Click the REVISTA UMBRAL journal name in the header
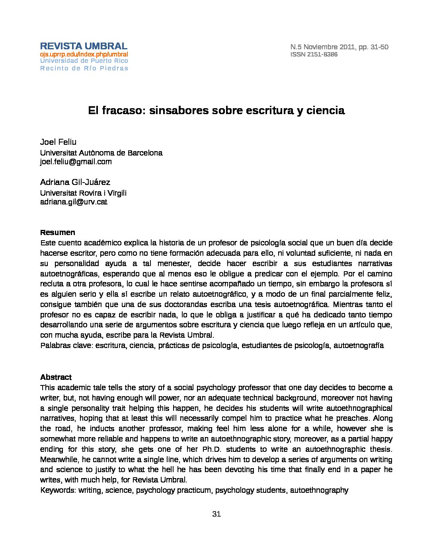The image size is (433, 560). (84, 46)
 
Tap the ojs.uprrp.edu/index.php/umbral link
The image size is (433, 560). (84, 54)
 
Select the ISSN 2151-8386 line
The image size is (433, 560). (314, 54)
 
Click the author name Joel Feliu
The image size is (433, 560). (58, 142)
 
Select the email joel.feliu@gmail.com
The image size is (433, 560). (76, 161)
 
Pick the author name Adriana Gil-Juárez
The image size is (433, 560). (75, 182)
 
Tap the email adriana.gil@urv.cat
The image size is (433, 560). (74, 202)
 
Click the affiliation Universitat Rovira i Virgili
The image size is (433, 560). (83, 193)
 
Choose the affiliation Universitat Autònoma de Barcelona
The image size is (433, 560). (101, 153)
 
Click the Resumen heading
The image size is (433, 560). (57, 233)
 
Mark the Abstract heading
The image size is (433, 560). (56, 377)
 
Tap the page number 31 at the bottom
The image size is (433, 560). (216, 514)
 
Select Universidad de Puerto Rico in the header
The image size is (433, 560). (84, 61)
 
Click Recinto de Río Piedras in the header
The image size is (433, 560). (84, 68)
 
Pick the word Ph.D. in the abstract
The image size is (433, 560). (204, 449)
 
